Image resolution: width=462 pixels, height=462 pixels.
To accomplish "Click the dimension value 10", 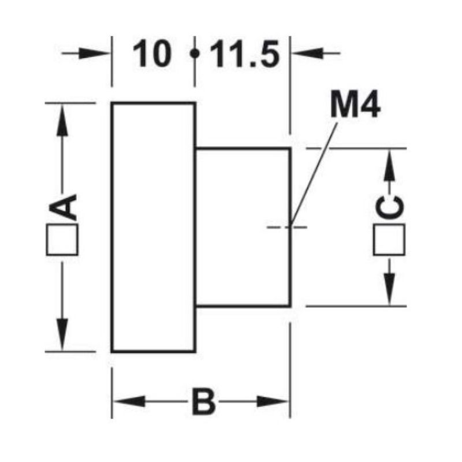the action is (152, 54).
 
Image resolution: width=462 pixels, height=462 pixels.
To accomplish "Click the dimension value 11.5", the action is (245, 54).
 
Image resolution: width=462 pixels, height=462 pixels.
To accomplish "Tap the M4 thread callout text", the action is (355, 105).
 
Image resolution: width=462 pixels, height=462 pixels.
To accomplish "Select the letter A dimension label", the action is (63, 207).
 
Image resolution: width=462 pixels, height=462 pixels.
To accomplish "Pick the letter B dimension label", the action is (204, 401).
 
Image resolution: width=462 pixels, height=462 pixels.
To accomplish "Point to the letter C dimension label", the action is (389, 207).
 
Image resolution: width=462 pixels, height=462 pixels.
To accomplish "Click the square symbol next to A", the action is (62, 239).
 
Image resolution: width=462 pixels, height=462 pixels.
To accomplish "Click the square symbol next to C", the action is (389, 239).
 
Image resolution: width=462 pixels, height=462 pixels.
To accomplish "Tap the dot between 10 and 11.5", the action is (194, 54).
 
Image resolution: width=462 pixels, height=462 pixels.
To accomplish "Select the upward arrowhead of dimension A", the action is (62, 120).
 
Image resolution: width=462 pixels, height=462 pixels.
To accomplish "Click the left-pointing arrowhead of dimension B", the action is (129, 401).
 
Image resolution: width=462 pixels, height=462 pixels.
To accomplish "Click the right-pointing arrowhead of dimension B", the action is (273, 401).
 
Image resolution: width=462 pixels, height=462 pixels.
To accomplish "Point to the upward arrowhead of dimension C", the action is (389, 165).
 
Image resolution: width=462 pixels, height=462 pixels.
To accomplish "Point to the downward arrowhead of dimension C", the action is (389, 289).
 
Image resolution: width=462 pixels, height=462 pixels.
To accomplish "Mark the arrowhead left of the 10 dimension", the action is (95, 53).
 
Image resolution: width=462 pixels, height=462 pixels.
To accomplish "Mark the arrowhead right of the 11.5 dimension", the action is (307, 53).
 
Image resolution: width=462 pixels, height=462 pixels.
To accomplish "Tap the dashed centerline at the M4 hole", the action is (287, 227).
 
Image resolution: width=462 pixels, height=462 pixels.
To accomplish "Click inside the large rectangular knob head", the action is (153, 227).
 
